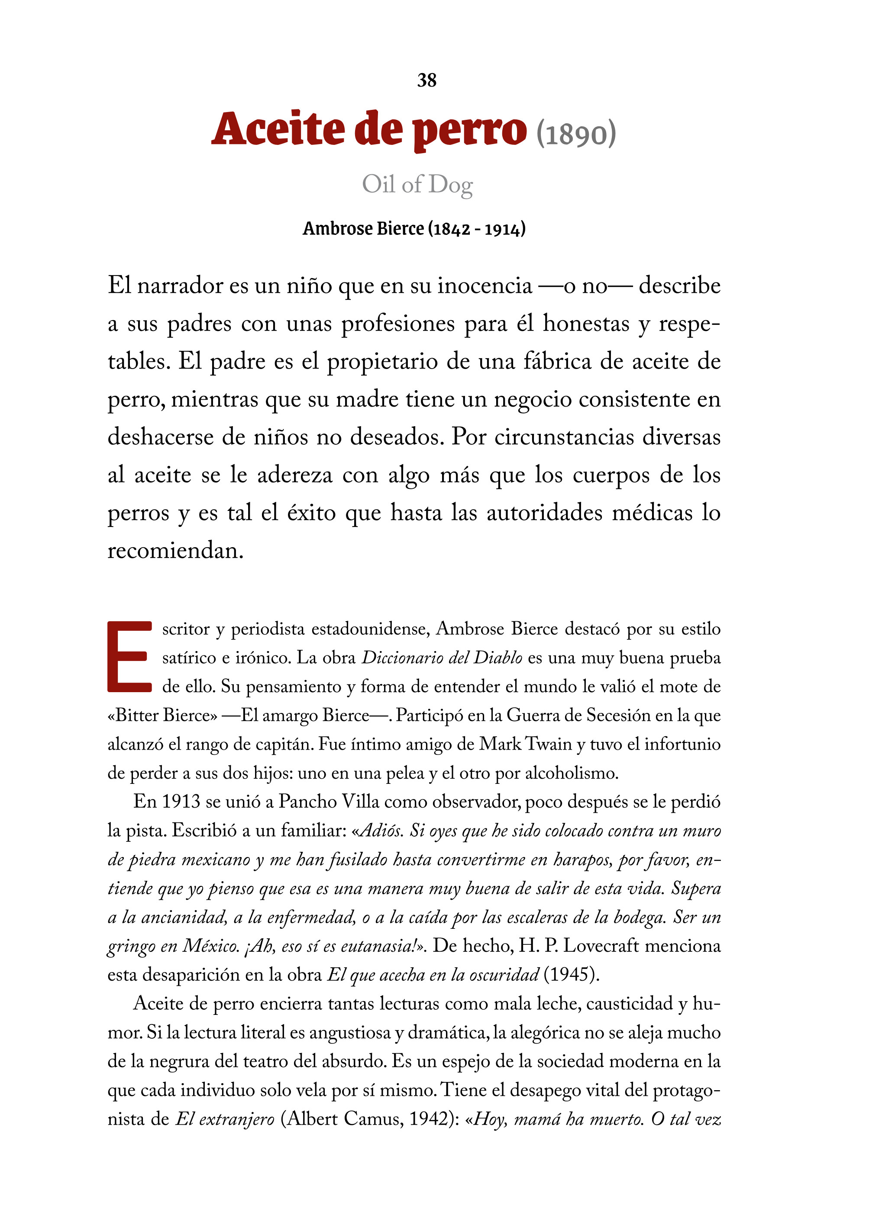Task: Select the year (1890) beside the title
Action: (576, 134)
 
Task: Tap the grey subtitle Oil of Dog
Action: (417, 184)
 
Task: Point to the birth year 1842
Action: (452, 229)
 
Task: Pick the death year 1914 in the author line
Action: (503, 229)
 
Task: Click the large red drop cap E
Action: (129, 657)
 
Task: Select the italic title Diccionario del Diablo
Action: (442, 658)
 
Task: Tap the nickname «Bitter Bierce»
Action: (162, 716)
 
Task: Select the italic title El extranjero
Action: (225, 1119)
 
